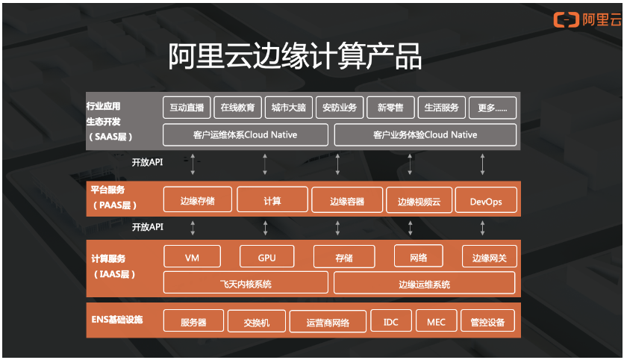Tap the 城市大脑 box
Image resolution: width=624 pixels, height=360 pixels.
[288, 108]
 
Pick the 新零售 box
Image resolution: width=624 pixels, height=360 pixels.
[390, 108]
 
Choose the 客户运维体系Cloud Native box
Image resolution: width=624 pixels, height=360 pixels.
[246, 134]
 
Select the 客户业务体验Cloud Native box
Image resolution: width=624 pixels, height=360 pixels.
[425, 134]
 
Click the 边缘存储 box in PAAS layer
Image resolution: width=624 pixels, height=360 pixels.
[197, 201]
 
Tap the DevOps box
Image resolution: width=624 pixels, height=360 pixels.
[486, 201]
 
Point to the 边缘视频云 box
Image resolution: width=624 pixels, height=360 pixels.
[419, 201]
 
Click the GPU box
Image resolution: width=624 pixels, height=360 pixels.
[266, 257]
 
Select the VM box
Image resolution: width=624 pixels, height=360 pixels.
[192, 257]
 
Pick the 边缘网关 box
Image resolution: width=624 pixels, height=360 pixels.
[489, 257]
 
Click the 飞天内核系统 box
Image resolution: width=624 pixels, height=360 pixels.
[246, 283]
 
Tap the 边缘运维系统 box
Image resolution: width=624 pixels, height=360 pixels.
[425, 283]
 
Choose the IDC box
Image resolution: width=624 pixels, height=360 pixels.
[391, 322]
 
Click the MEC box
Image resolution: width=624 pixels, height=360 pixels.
[436, 322]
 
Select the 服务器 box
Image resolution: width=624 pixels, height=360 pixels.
[193, 322]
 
